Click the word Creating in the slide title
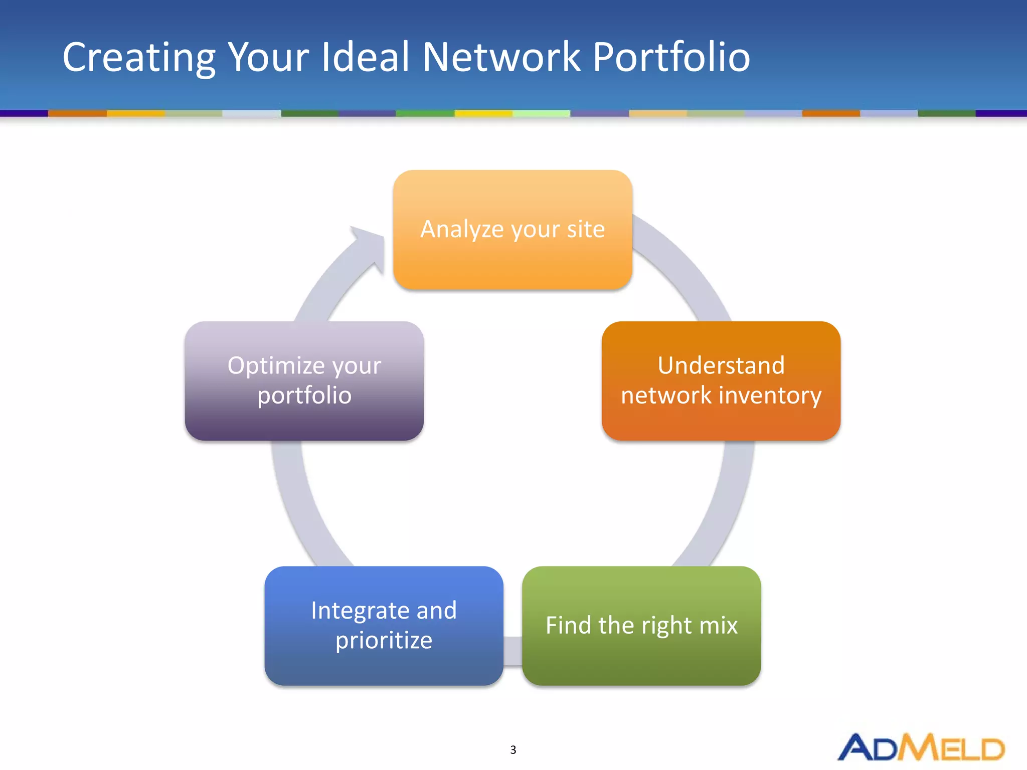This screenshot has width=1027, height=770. coord(139,58)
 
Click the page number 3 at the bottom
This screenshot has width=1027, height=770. coord(513,750)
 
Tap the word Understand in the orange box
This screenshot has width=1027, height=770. coord(721,365)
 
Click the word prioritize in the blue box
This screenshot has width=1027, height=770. coord(384,641)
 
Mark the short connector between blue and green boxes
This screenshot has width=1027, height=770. coord(512,651)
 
